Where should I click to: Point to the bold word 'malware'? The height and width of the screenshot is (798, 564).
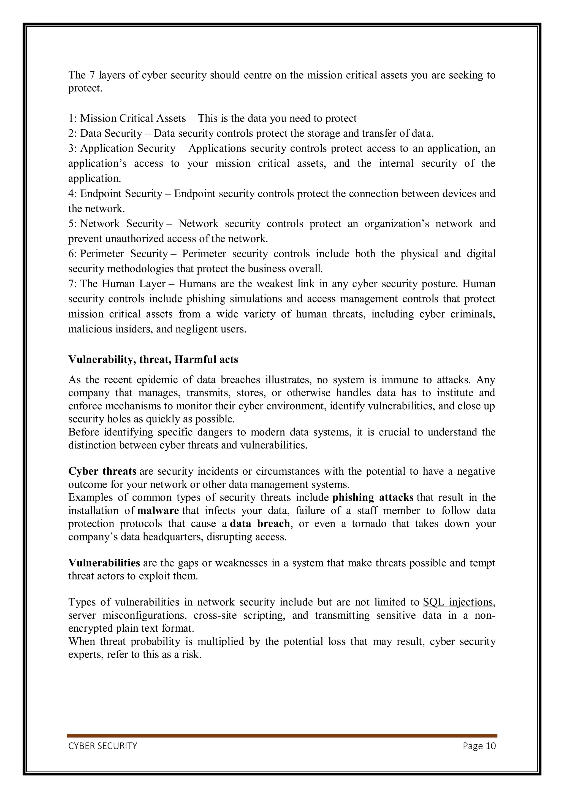pyautogui.click(x=158, y=511)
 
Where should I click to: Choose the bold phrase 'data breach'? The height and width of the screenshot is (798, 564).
pyautogui.click(x=260, y=523)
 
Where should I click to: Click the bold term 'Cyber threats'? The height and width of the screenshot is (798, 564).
pyautogui.click(x=102, y=471)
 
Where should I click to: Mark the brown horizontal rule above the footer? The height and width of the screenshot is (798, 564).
pyautogui.click(x=282, y=736)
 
